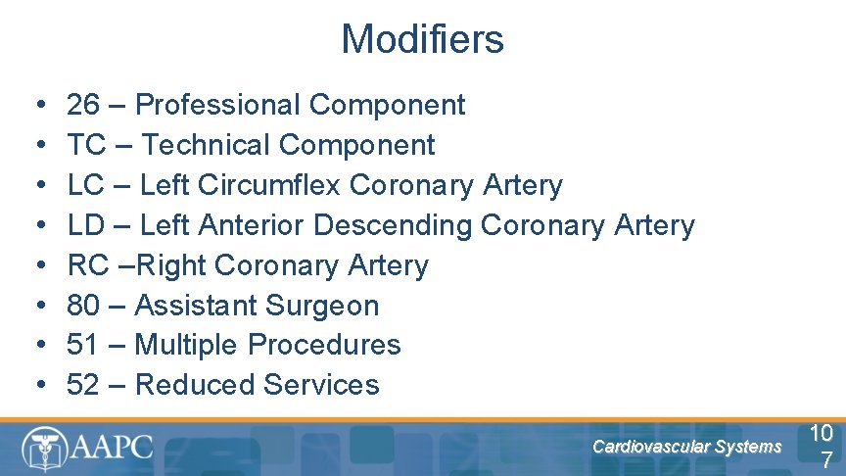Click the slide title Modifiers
click(422, 39)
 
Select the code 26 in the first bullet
click(83, 104)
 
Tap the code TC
click(86, 145)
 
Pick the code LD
click(86, 225)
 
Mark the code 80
click(83, 306)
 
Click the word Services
click(321, 385)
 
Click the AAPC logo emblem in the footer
click(43, 448)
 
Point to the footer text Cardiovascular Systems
click(686, 447)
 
